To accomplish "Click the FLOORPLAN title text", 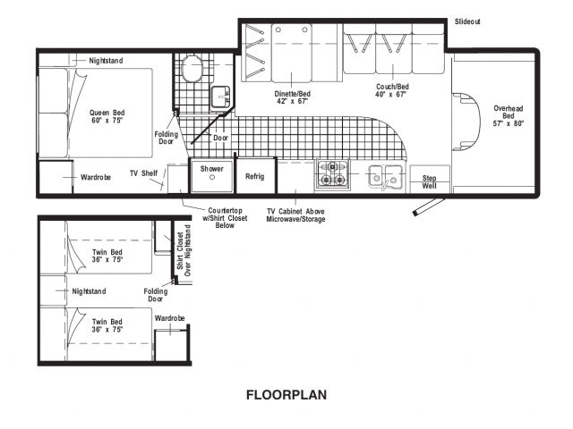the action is tap(286, 395).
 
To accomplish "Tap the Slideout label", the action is tap(467, 21).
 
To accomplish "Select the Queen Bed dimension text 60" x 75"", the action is tap(107, 121).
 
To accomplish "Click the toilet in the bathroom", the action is tap(192, 69).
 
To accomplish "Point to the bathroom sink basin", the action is tap(220, 97).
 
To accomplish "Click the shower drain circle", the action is tap(212, 178).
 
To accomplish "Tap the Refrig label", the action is tap(254, 176).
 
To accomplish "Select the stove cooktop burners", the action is tap(332, 174).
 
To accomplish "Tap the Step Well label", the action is tap(430, 181).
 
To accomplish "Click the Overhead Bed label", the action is tap(509, 115).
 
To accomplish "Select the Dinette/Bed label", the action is tap(293, 94).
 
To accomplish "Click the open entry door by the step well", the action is tap(428, 206).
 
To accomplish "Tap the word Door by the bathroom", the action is tap(221, 138).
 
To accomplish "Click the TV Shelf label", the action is tap(144, 172).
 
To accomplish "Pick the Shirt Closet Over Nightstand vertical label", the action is tap(184, 250).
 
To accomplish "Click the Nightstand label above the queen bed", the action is tap(106, 61).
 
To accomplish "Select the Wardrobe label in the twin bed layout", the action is tap(169, 318).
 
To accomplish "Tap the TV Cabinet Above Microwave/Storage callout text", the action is tap(295, 215).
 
